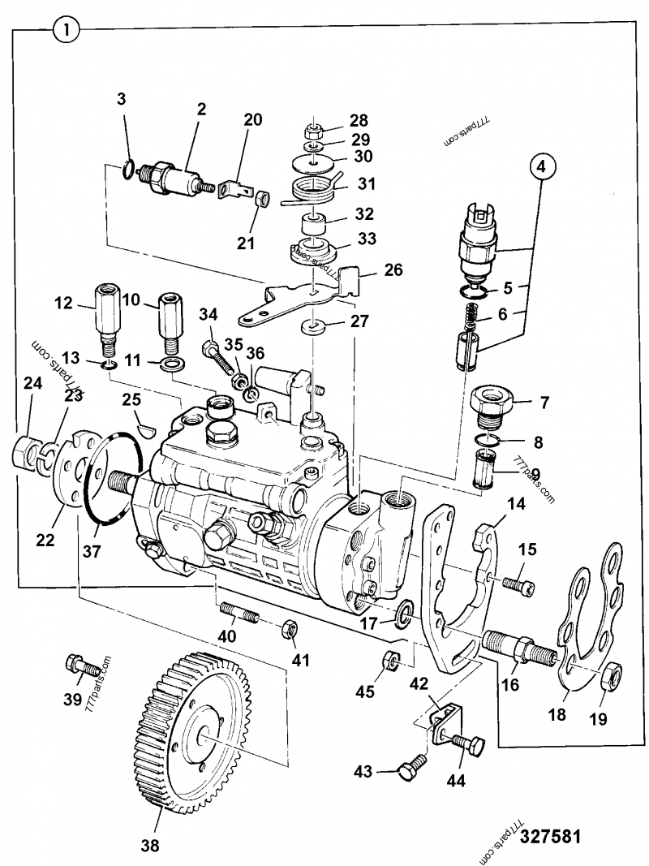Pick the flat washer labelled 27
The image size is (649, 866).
click(312, 327)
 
